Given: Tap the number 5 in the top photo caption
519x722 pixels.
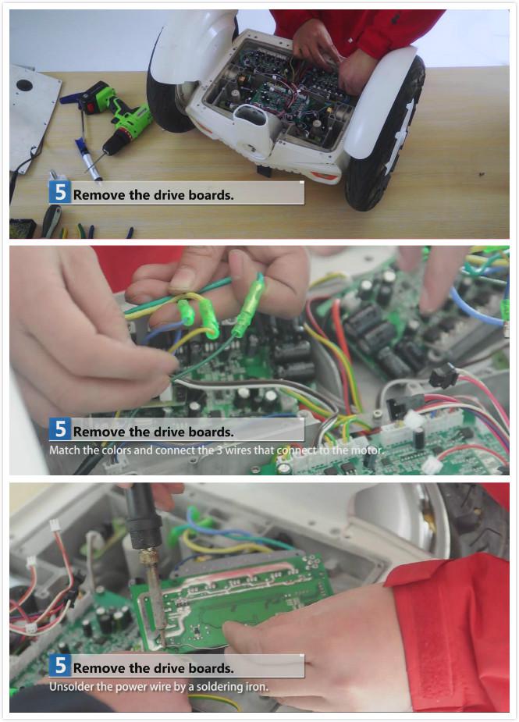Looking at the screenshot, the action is pos(60,193).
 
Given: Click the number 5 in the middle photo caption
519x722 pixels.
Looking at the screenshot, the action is pos(60,429).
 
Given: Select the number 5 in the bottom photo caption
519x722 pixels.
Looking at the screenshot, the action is pos(60,666).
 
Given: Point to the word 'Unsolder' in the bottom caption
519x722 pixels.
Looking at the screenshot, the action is pos(69,687).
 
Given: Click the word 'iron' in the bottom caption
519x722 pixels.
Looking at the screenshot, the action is pos(257,687).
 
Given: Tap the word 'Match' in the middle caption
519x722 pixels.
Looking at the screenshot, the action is pos(65,450).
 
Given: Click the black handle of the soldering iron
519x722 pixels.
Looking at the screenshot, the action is pos(143,516).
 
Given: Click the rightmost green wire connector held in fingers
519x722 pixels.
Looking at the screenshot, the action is pos(249,306).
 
